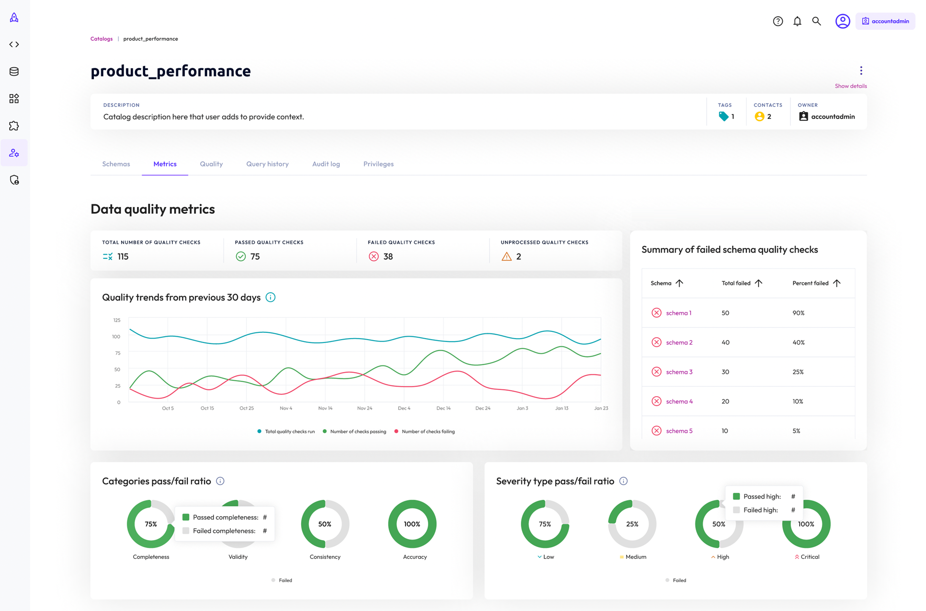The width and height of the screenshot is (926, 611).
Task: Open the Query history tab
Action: point(267,164)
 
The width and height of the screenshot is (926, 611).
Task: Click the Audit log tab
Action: point(326,164)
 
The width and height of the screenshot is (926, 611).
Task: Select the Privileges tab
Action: point(378,164)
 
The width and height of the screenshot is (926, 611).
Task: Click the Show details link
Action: point(850,86)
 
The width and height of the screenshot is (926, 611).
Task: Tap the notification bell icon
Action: point(797,21)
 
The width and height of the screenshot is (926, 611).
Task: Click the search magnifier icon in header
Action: point(816,21)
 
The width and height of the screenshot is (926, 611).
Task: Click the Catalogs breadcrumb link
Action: point(101,39)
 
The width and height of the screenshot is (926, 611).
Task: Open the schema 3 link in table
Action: point(679,372)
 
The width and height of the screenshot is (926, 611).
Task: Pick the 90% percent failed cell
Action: point(798,313)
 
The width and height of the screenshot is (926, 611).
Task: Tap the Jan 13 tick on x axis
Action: point(562,408)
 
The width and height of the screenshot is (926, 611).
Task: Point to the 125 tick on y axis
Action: point(117,320)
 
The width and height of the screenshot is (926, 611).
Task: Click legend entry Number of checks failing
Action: point(427,432)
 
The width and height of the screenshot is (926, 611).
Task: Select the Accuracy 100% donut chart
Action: point(412,524)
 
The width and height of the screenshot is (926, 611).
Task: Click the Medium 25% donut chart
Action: point(632,524)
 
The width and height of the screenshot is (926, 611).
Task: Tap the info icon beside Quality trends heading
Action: point(271,298)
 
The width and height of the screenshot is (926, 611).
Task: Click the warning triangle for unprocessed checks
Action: point(506,256)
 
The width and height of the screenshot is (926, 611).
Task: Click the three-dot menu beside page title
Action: point(861,71)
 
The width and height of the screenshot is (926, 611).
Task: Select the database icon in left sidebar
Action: point(14,72)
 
